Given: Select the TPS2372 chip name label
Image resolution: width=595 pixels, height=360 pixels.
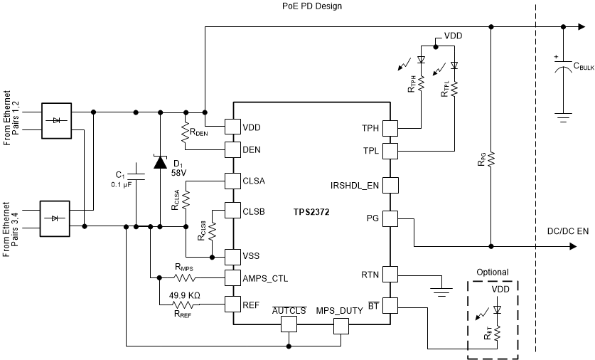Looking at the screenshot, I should (x=313, y=212).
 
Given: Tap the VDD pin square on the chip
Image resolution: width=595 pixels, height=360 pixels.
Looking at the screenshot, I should (x=233, y=127).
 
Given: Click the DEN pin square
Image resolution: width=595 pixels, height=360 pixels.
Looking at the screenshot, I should (x=233, y=149).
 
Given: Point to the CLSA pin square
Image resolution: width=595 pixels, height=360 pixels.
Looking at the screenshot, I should (x=233, y=181).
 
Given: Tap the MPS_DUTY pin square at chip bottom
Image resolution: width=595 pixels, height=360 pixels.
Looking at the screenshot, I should (x=343, y=325).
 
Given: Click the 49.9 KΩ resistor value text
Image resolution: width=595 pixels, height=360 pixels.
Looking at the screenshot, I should (x=184, y=295).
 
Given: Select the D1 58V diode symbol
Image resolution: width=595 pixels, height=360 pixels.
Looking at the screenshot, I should (x=160, y=162).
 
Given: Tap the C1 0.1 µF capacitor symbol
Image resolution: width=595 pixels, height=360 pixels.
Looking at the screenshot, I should (x=137, y=177).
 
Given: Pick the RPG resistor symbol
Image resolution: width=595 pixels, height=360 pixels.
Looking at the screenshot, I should (x=491, y=158).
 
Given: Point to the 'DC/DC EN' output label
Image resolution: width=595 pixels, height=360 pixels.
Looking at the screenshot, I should (x=567, y=231).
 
